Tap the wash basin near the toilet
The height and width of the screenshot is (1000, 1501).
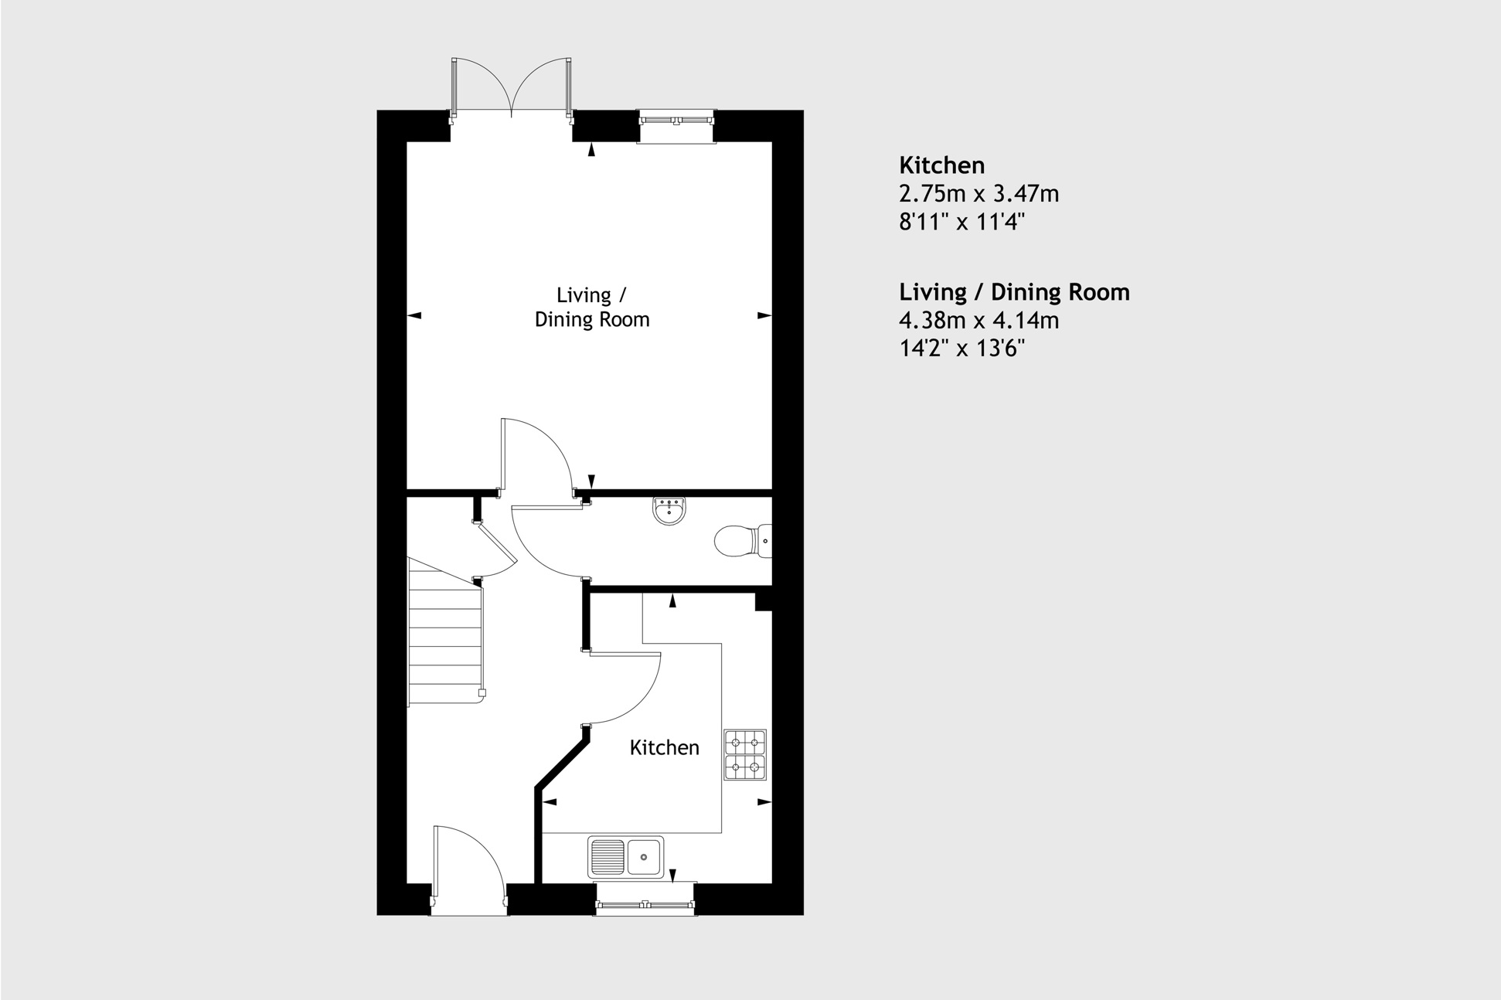click(669, 512)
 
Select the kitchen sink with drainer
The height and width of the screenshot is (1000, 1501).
click(626, 856)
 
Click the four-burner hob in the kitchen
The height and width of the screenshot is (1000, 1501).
click(745, 754)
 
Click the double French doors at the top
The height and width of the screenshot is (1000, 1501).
click(512, 89)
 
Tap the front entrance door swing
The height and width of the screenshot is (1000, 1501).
click(468, 862)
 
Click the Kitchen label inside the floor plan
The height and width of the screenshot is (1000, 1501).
click(664, 747)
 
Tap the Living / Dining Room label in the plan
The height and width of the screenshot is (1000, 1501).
click(592, 307)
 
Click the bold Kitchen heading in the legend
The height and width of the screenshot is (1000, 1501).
click(941, 165)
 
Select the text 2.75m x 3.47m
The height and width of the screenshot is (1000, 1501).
click(979, 193)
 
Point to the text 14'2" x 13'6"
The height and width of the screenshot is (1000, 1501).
click(962, 349)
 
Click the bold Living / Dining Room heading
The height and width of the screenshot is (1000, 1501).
click(1014, 292)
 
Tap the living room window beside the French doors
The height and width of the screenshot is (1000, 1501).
click(676, 121)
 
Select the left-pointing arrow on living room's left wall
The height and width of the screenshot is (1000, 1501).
click(414, 315)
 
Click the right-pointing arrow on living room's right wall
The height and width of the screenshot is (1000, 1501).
click(764, 315)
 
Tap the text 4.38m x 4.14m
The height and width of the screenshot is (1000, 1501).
click(979, 320)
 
